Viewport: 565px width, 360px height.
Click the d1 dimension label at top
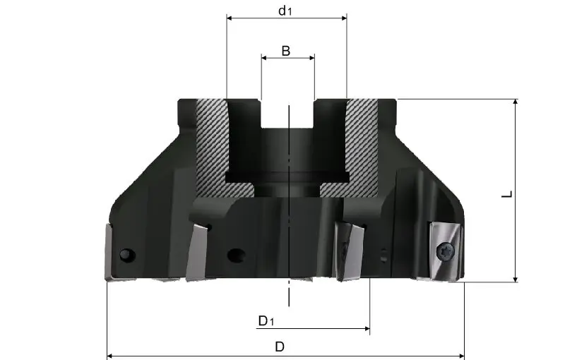(x=285, y=11)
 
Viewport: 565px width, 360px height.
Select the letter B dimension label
(x=286, y=51)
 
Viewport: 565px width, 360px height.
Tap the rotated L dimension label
(x=507, y=194)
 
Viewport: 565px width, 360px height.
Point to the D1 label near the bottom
(x=266, y=320)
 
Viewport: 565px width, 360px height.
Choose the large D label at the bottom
(x=280, y=347)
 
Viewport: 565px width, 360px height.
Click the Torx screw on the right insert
(x=446, y=250)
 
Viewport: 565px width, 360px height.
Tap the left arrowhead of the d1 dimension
(x=230, y=18)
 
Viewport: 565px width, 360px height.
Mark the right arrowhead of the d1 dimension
(x=344, y=18)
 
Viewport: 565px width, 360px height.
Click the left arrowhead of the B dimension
(x=264, y=58)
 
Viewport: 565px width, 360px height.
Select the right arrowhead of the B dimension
(x=311, y=58)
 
